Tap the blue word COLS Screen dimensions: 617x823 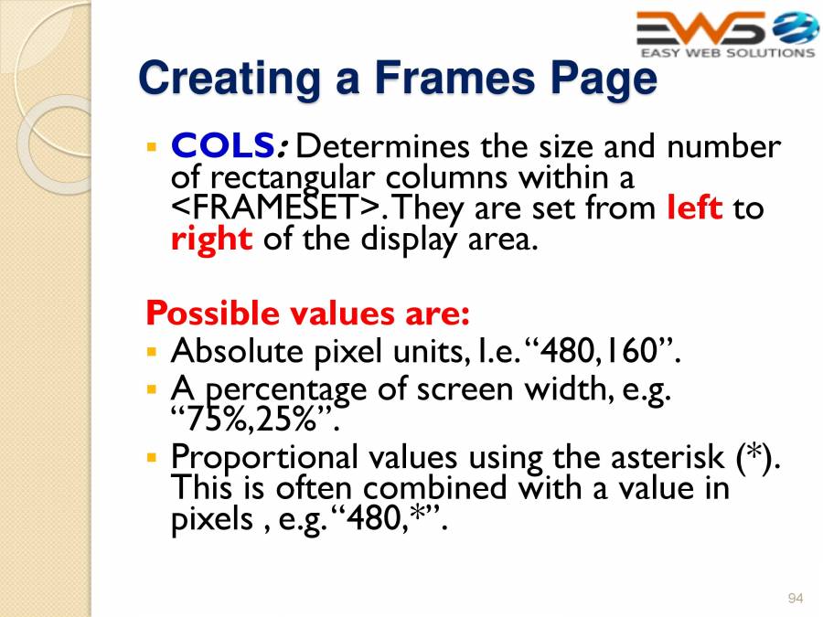click(223, 146)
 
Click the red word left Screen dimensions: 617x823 click(695, 207)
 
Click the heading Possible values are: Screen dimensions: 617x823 click(307, 314)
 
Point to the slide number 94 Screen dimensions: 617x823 click(795, 598)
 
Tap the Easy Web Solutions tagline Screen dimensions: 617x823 click(727, 53)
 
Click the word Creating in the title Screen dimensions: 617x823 click(223, 79)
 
